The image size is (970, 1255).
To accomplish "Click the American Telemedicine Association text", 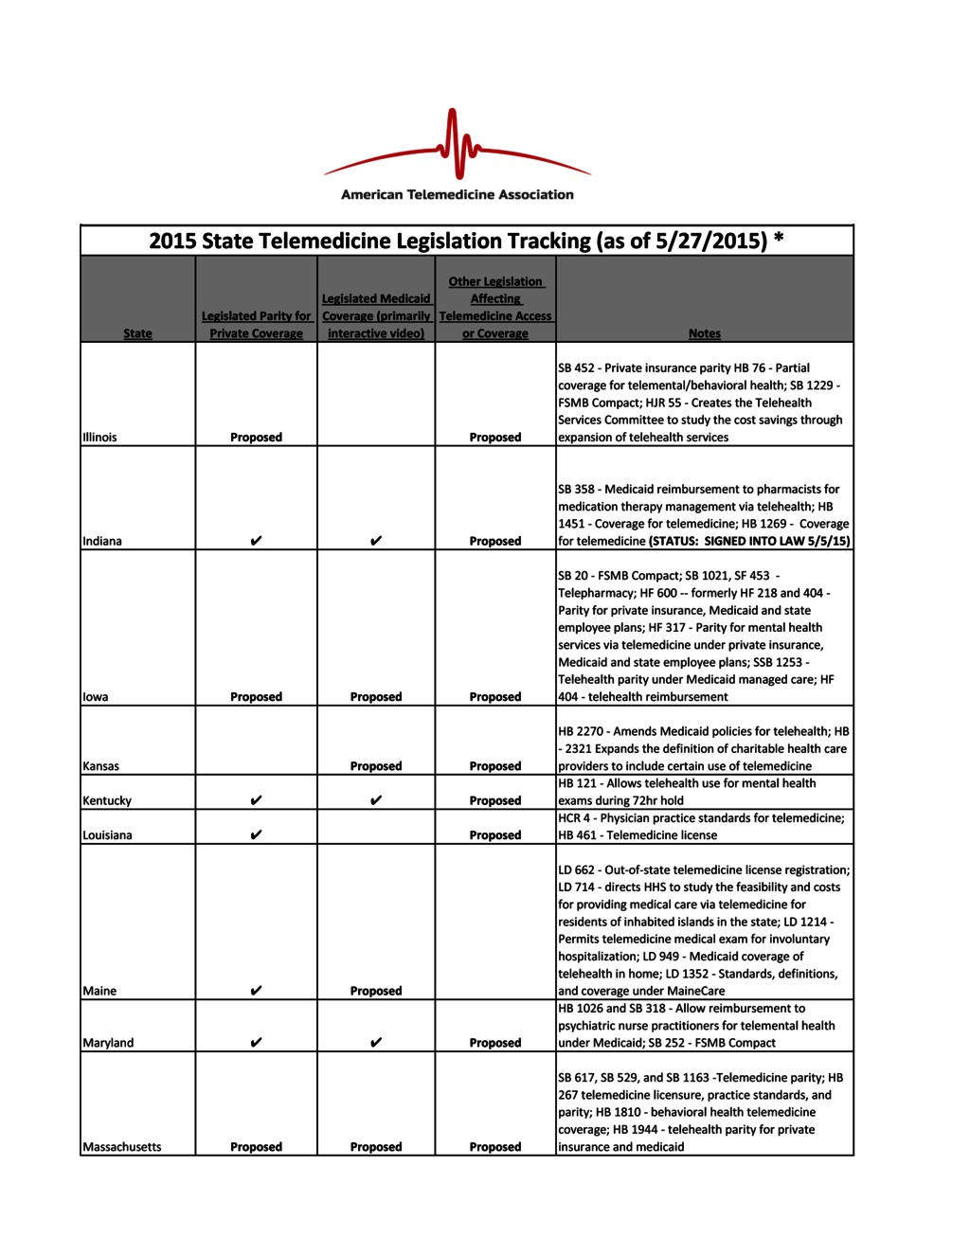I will (x=458, y=195).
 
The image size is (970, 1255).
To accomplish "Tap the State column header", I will (x=137, y=333).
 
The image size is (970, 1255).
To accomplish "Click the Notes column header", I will (x=704, y=333).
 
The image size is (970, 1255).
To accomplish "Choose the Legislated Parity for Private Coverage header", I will (x=256, y=325).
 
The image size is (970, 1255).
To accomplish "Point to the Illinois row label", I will (x=100, y=438).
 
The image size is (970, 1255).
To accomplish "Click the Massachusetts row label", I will (x=122, y=1147).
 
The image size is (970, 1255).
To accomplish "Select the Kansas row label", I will (x=101, y=766).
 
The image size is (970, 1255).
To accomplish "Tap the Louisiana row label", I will (x=108, y=835).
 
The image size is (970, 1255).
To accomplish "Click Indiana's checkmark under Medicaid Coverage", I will (x=376, y=541).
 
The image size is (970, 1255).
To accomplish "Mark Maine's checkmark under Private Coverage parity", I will (x=256, y=991).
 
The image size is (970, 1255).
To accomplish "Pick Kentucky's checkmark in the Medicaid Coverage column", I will (x=376, y=800).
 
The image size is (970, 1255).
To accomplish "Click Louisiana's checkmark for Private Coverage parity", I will (x=256, y=835).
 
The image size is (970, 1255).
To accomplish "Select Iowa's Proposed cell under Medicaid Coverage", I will (x=376, y=697).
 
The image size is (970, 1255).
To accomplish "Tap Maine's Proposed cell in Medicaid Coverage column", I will (x=376, y=991).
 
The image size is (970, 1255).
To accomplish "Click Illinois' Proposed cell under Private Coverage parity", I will (x=256, y=438).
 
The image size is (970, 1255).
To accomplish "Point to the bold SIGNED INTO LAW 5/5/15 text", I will (x=777, y=541).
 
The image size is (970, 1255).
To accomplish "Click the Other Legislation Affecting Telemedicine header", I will (x=495, y=308).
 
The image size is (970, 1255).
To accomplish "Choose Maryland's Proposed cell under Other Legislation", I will (x=495, y=1043).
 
